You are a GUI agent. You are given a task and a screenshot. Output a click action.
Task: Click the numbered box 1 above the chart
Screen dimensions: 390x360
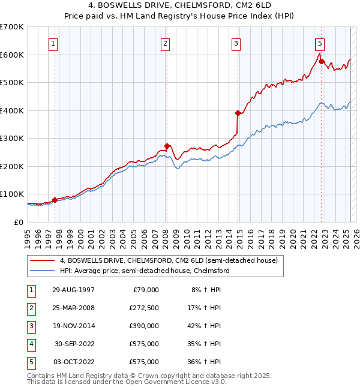tap(53, 43)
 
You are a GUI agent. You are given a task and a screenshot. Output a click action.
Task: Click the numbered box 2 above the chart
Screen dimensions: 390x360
tap(165, 43)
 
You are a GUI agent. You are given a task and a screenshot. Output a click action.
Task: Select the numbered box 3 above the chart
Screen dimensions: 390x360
tap(236, 43)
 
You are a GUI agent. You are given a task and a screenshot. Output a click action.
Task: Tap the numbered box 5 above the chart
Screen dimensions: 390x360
tap(320, 43)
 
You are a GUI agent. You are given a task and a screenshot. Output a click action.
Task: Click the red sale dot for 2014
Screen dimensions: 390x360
tap(238, 113)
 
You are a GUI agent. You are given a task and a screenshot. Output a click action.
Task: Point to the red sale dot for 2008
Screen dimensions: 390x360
tap(167, 146)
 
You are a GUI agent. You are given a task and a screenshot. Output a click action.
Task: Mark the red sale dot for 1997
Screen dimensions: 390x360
tap(55, 200)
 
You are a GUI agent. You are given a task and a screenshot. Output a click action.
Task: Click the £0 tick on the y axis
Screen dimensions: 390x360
tap(17, 222)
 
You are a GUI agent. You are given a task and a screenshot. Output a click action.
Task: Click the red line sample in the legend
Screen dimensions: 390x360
tap(43, 261)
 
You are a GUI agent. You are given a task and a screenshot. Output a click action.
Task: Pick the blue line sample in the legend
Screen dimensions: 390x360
tap(43, 271)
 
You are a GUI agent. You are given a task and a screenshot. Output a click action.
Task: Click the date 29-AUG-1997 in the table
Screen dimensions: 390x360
tap(73, 290)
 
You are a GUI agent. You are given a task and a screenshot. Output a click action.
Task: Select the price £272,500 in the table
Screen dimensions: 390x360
tap(144, 308)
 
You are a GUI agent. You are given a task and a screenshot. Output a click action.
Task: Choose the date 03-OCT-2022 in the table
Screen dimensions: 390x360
tap(73, 362)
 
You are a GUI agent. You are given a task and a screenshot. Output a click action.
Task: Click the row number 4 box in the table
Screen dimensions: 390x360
tap(31, 344)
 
